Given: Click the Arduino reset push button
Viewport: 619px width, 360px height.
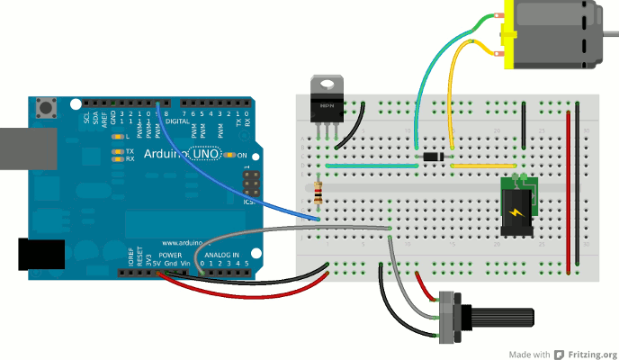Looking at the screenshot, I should pos(43,110).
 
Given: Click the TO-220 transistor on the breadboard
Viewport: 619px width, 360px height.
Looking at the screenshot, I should pos(325,101).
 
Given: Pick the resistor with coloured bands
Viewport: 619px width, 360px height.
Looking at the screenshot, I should pos(319,191).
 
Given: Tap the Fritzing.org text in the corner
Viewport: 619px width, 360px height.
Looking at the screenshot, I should pos(585,353).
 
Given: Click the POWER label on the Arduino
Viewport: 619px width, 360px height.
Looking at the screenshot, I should pos(170,256).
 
